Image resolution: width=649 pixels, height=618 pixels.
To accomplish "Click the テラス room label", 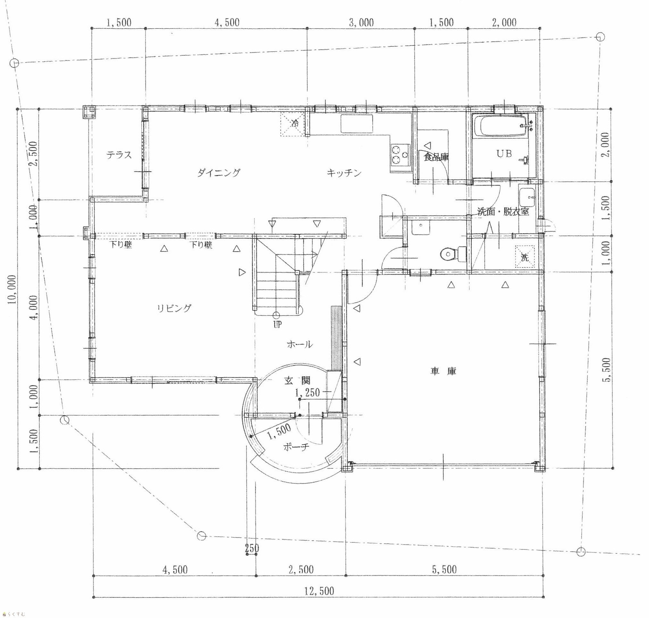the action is point(119,155).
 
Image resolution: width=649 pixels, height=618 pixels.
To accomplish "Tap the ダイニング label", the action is point(219,173).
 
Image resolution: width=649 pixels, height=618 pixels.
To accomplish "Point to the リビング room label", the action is point(174,308).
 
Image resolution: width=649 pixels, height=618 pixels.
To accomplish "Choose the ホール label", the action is point(300,345).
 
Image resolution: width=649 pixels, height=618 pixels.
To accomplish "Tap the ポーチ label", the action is point(296,447).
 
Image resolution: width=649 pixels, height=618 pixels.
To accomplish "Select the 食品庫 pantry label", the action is point(436,157).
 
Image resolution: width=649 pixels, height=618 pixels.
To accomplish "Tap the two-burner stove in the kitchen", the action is point(400,155).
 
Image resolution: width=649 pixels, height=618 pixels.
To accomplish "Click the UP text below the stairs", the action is point(277,325).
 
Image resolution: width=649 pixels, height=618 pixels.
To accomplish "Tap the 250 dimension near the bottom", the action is point(252,548).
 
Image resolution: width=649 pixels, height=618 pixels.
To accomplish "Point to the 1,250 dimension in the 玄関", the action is point(307,392).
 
